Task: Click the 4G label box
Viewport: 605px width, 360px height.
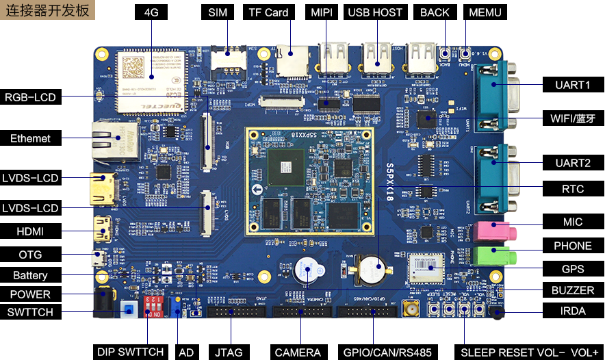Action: click(151, 12)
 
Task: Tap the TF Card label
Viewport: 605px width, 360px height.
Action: click(268, 12)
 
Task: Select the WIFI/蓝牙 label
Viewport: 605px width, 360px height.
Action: click(573, 117)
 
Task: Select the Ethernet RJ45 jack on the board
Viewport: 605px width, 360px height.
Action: click(109, 142)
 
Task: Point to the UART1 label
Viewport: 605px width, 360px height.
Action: click(573, 85)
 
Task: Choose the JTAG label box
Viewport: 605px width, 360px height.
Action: click(229, 352)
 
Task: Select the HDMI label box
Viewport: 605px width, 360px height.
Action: click(31, 231)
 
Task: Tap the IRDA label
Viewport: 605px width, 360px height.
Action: click(573, 311)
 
